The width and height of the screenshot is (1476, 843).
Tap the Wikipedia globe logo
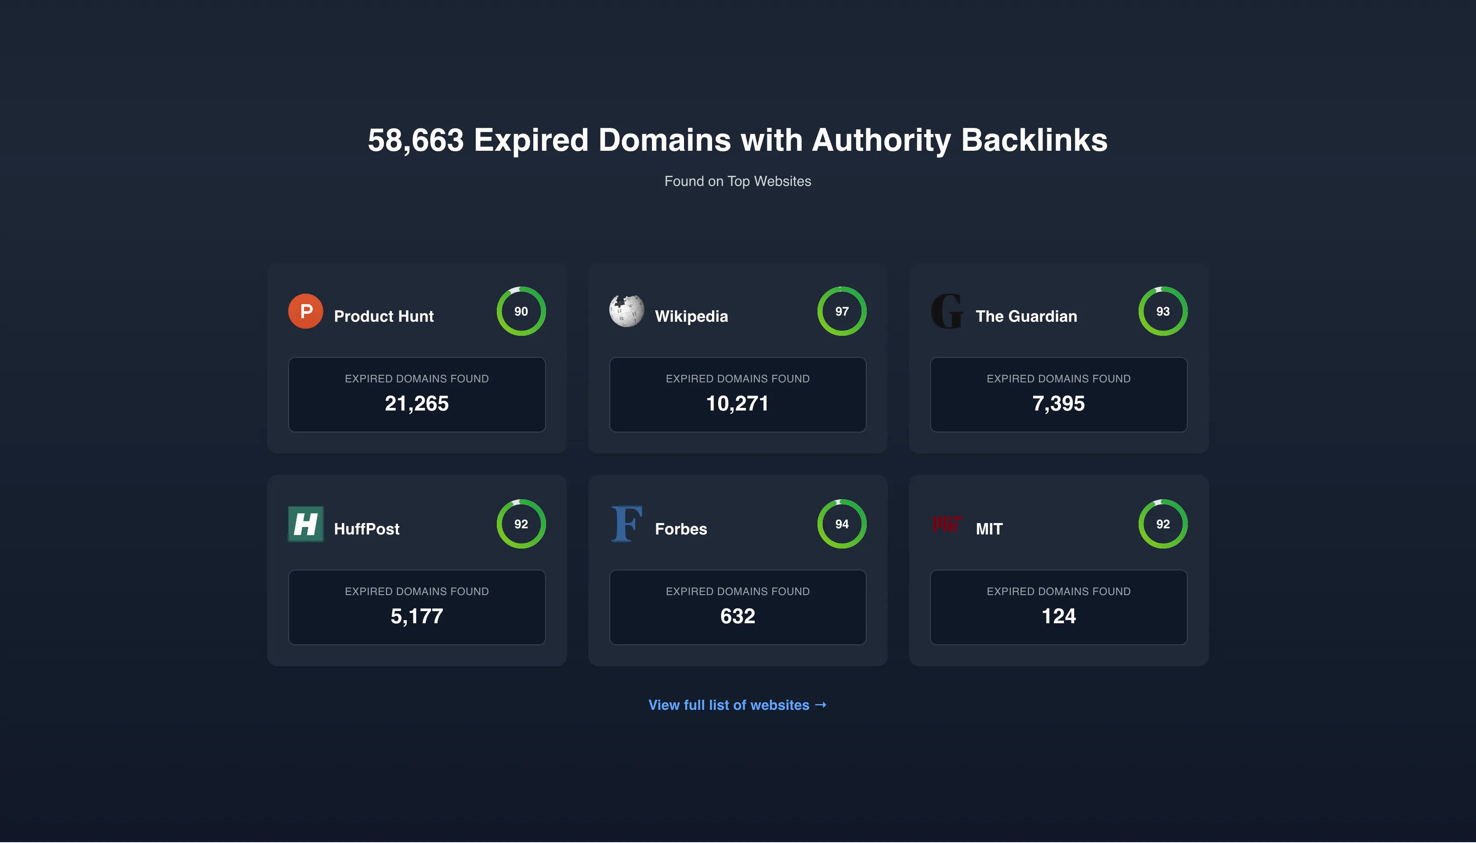click(626, 311)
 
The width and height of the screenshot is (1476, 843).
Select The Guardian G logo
click(947, 311)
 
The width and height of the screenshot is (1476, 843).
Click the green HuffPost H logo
click(305, 524)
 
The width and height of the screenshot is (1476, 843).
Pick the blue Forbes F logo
click(626, 524)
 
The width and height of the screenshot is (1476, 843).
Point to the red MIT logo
click(947, 523)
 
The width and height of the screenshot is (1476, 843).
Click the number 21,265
click(416, 403)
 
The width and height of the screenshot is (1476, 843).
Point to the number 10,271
click(737, 403)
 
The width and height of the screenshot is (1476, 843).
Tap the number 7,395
click(1058, 403)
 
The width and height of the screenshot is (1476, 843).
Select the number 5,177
click(416, 616)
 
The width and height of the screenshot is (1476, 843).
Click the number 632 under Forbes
click(738, 616)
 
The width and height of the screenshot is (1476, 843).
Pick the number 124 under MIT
click(1058, 616)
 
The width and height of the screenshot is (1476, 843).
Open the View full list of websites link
click(737, 705)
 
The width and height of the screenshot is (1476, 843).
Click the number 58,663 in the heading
click(416, 141)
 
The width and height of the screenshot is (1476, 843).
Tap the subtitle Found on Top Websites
click(738, 181)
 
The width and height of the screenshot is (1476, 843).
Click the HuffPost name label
click(366, 529)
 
